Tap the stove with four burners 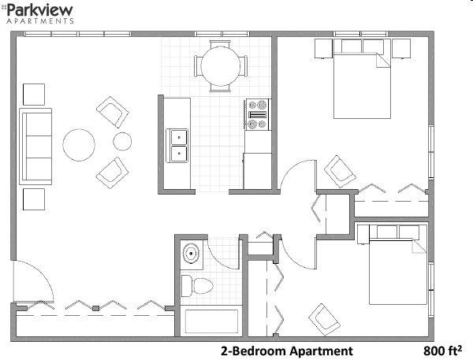pos(258,115)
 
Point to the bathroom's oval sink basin pos(191,254)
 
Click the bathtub pos(210,321)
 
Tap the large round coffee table pos(80,145)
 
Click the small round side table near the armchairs pos(122,142)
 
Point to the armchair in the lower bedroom pos(322,317)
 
